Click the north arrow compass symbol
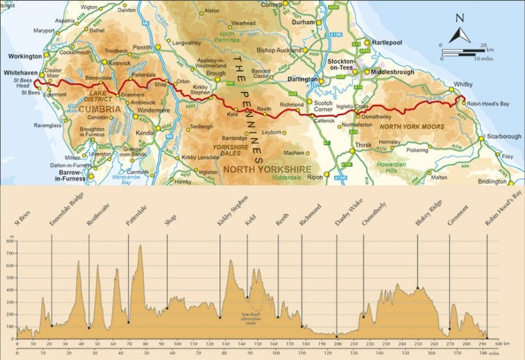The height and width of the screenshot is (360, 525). [459, 31]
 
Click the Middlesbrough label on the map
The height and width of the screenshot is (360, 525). [393, 72]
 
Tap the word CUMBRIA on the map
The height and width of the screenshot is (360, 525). [100, 110]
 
